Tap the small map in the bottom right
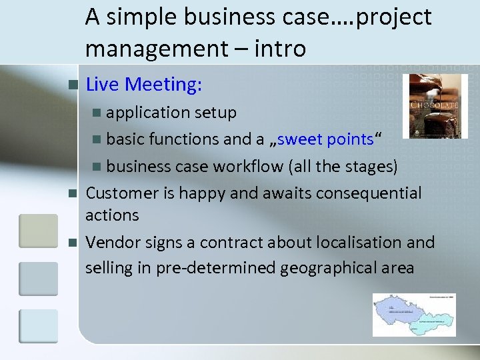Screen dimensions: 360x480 tap(414, 315)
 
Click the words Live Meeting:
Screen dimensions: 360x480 tap(144, 85)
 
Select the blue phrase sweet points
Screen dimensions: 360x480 tap(326, 139)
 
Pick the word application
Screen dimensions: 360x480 tap(148, 113)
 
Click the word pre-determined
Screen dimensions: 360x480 tap(215, 268)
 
